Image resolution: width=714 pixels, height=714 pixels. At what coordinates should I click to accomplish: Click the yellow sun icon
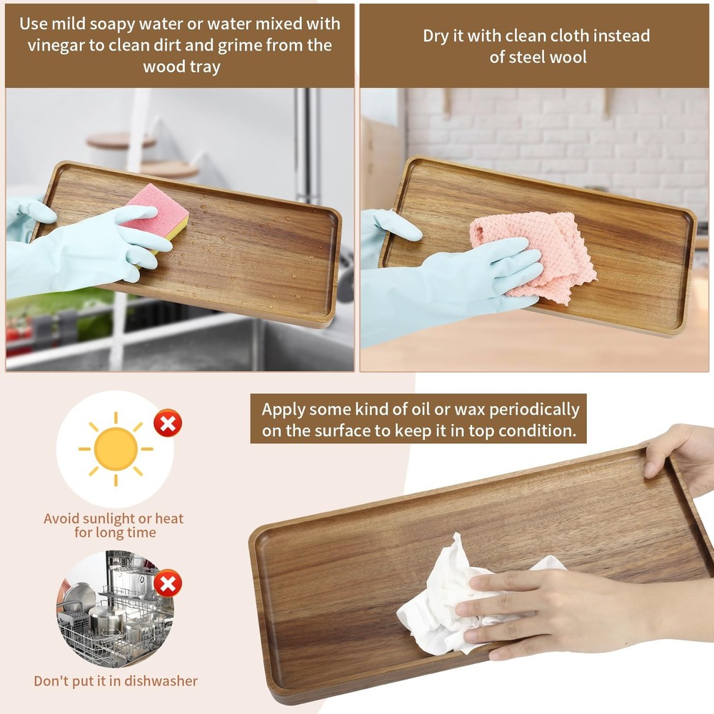pyautogui.click(x=116, y=448)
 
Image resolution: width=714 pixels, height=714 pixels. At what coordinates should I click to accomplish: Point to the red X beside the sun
pyautogui.click(x=168, y=423)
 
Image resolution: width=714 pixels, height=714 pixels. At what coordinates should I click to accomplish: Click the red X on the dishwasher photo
pyautogui.click(x=168, y=584)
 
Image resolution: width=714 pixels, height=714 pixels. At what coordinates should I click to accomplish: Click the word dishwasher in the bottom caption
pyautogui.click(x=156, y=681)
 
